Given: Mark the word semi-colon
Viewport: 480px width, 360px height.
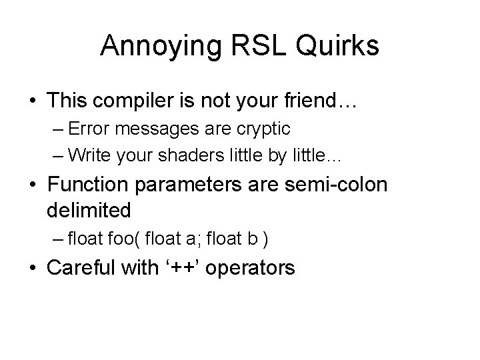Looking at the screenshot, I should (349, 185).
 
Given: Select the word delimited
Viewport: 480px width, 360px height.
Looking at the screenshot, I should (89, 210).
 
